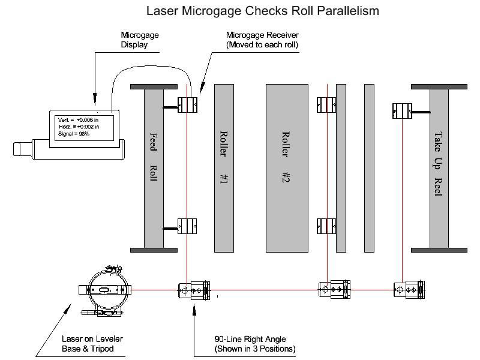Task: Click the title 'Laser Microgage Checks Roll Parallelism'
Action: (263, 11)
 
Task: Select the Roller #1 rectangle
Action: (224, 167)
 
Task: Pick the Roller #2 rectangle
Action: (287, 167)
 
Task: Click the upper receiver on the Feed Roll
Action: (188, 106)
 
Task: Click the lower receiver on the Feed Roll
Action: (188, 226)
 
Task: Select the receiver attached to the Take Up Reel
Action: (401, 110)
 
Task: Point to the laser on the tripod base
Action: (106, 290)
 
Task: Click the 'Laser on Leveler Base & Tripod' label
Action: (92, 344)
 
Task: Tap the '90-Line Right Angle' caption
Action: (255, 344)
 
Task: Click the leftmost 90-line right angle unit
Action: (194, 290)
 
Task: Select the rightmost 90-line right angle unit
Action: (409, 290)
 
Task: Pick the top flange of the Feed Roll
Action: (154, 87)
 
